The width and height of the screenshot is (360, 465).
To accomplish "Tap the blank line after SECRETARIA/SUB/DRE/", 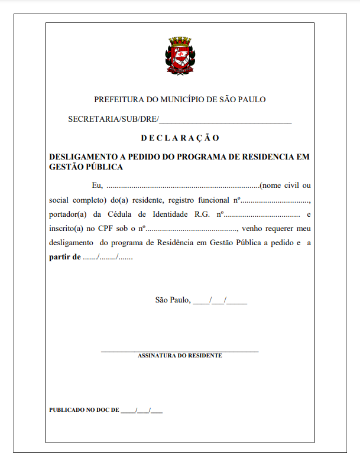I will pos(225,120).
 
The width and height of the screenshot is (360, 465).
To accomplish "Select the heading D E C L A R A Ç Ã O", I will pos(180,138).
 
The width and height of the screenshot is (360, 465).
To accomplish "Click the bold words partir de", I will pos(65,257).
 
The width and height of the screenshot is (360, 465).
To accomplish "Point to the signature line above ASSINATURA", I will pos(180,352).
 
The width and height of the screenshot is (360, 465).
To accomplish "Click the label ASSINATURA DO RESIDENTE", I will pos(180,356).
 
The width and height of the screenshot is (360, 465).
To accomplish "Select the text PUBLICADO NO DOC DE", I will pos(84,409).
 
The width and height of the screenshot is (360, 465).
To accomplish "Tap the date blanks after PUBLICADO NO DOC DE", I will pos(141,409).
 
